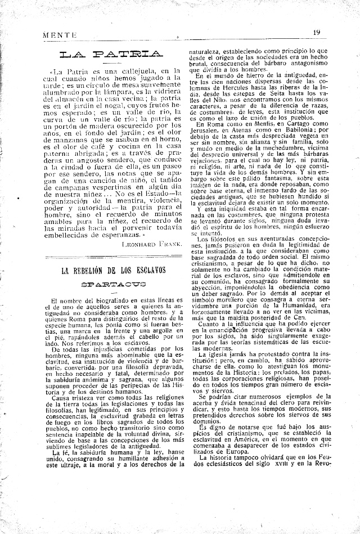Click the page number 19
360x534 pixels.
pyautogui.click(x=317, y=33)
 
